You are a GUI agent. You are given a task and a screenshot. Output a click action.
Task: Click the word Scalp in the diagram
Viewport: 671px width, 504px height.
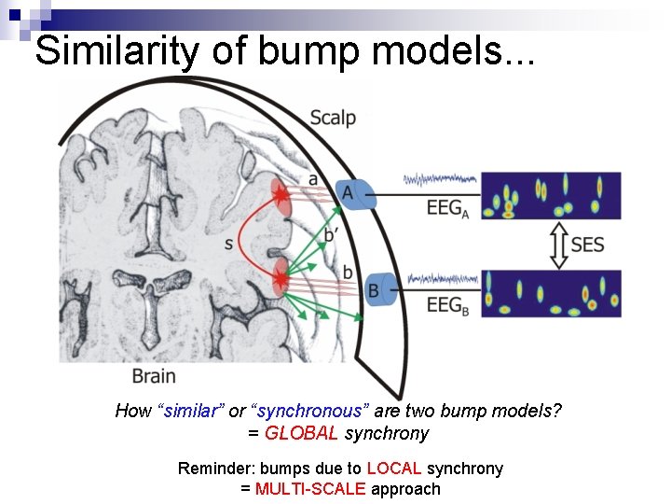pos(332,118)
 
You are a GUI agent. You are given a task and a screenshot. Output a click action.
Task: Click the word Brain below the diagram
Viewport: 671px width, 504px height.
pos(154,376)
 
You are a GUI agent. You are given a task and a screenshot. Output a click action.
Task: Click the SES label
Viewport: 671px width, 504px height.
pos(588,245)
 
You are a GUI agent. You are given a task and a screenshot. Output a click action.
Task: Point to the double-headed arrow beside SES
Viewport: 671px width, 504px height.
pos(557,245)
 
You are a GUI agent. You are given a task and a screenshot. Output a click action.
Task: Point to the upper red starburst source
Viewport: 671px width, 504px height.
pos(281,194)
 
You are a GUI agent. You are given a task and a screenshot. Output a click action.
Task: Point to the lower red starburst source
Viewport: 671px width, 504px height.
pos(281,277)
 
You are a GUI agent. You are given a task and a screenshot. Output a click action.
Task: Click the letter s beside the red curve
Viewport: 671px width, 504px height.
pos(229,244)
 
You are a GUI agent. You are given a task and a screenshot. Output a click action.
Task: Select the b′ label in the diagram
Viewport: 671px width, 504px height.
pos(331,233)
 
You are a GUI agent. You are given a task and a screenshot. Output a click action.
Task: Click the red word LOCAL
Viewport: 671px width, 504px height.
pos(395,469)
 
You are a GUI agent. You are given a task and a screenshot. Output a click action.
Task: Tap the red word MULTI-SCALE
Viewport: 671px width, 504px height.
pos(310,488)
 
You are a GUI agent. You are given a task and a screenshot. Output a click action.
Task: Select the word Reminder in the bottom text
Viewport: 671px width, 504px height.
pos(218,469)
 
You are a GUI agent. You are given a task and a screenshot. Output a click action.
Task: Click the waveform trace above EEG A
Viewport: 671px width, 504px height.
pos(441,179)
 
